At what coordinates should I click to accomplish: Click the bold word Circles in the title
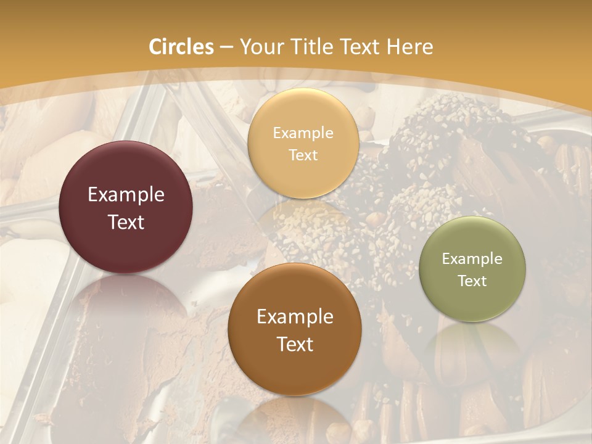(181, 47)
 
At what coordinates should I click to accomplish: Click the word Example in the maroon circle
(126, 195)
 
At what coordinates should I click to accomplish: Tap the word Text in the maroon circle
(126, 222)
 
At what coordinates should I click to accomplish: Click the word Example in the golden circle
(303, 133)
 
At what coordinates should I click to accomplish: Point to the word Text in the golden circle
(303, 155)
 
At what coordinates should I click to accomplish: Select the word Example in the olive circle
(472, 258)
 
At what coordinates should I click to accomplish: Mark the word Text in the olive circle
(472, 281)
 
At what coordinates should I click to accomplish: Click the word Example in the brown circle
(295, 317)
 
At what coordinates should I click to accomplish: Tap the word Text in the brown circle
(295, 344)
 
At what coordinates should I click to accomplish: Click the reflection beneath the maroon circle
(126, 308)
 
